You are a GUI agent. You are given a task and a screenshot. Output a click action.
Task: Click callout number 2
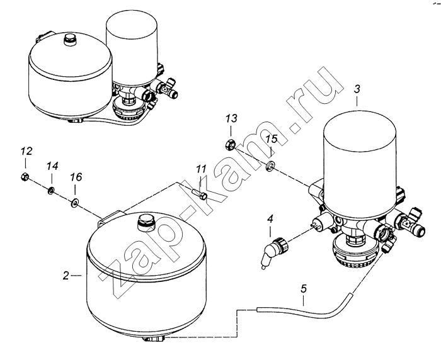tap(66, 276)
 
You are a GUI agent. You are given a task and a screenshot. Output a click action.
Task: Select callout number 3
tap(357, 89)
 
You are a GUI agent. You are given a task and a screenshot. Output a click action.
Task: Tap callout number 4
tap(270, 218)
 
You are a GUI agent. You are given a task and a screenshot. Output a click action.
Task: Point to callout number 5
tap(304, 289)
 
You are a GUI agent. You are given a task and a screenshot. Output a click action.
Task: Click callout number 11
tap(202, 169)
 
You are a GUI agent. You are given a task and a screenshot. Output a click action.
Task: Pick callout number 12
tap(26, 151)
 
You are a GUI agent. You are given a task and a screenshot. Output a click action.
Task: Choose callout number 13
tap(231, 118)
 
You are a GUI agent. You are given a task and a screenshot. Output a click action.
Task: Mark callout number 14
tap(52, 166)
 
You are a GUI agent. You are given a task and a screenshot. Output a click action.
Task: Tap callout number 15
tap(272, 139)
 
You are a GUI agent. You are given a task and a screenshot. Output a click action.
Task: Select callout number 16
tap(76, 177)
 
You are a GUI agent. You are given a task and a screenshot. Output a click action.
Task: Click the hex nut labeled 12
tap(25, 176)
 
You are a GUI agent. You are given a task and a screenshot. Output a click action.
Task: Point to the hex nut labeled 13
tap(230, 145)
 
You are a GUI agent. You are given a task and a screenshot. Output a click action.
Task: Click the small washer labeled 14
tap(51, 191)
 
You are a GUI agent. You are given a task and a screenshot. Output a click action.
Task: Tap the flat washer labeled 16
tap(75, 201)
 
